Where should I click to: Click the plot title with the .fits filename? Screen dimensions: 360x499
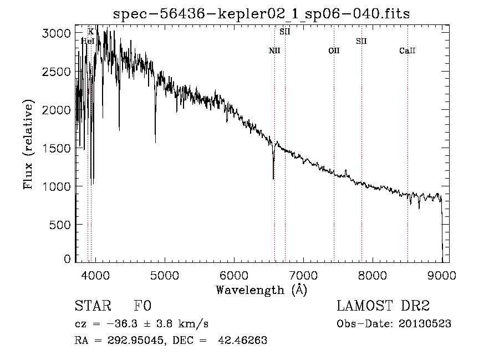[261, 14]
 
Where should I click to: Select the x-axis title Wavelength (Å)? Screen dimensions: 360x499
[261, 290]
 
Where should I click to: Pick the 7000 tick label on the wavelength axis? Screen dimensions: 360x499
[303, 274]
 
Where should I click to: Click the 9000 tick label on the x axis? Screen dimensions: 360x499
[442, 274]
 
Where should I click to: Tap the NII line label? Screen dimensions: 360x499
[274, 51]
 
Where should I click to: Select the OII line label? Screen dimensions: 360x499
[334, 51]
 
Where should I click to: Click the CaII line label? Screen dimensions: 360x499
[408, 51]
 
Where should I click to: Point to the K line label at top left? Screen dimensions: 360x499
[91, 32]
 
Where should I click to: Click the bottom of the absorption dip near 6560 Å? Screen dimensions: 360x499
[273, 179]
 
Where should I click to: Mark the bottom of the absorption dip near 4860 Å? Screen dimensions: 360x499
[155, 142]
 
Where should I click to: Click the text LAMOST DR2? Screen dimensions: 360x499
[383, 306]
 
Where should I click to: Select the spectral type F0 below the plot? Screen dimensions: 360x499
[142, 306]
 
